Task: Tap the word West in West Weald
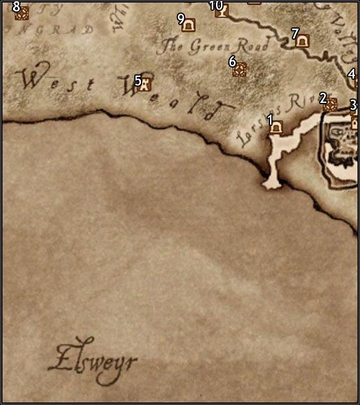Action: pos(52,79)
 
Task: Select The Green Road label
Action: pos(214,45)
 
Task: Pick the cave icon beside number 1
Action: pos(276,128)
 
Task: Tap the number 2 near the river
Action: pos(323,97)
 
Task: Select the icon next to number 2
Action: pos(330,104)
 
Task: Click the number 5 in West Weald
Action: pos(138,80)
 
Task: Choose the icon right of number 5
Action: pos(146,84)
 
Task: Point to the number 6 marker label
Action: pos(232,61)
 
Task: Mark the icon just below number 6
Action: pos(239,70)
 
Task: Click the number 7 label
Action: pos(295,33)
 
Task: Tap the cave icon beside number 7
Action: pos(302,40)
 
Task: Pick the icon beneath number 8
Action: pos(21,13)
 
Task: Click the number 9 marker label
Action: pos(181,18)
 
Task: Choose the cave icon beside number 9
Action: pos(189,24)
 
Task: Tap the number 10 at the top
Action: pos(215,5)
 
